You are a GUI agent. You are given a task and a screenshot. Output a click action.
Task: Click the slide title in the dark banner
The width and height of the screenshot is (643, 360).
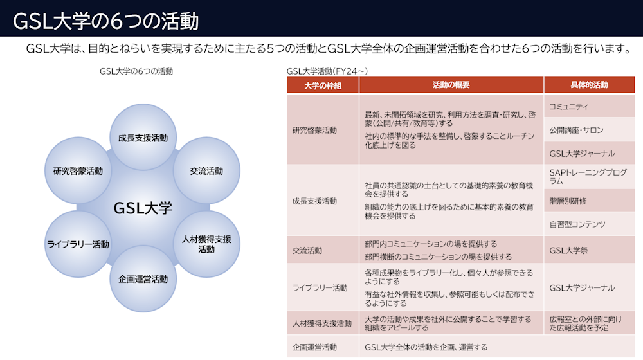tap(106, 21)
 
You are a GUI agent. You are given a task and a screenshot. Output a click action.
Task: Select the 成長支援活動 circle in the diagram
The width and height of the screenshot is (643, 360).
tap(143, 138)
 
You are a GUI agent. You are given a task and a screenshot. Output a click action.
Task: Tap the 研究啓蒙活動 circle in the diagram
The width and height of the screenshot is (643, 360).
tap(78, 170)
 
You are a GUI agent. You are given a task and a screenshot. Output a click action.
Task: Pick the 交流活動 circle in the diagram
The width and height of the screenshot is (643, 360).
tap(206, 170)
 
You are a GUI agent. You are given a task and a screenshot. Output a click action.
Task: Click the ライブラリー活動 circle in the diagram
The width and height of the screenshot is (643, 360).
tap(78, 244)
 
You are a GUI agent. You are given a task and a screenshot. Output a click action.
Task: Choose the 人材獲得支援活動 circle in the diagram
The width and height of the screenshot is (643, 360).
tap(206, 244)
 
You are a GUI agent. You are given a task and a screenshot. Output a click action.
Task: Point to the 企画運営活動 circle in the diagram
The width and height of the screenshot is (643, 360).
tap(143, 279)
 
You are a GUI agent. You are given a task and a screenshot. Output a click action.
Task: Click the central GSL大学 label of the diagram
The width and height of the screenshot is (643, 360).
tap(143, 208)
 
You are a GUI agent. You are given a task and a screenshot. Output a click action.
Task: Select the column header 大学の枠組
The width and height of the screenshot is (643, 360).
tap(323, 85)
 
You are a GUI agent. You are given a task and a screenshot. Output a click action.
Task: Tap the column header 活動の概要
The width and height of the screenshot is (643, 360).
tap(451, 85)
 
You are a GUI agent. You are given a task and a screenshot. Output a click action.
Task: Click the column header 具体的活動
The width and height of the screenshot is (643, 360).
tap(589, 85)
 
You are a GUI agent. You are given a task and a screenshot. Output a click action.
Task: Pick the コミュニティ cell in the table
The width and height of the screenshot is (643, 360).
tap(589, 107)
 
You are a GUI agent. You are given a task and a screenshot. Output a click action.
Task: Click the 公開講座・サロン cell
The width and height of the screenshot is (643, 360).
tap(589, 130)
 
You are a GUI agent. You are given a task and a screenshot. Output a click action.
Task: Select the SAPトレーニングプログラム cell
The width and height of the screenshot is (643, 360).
tap(589, 177)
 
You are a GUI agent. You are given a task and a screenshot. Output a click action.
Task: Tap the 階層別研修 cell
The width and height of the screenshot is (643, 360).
tap(589, 201)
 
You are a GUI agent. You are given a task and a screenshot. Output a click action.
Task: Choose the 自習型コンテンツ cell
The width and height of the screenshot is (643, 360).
tap(589, 224)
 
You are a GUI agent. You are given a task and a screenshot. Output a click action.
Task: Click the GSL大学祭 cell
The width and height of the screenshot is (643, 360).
tap(589, 250)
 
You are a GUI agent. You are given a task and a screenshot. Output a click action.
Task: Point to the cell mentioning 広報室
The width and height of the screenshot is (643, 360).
tap(589, 323)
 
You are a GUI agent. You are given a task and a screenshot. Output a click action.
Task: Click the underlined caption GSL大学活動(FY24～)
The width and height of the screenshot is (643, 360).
tap(327, 71)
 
